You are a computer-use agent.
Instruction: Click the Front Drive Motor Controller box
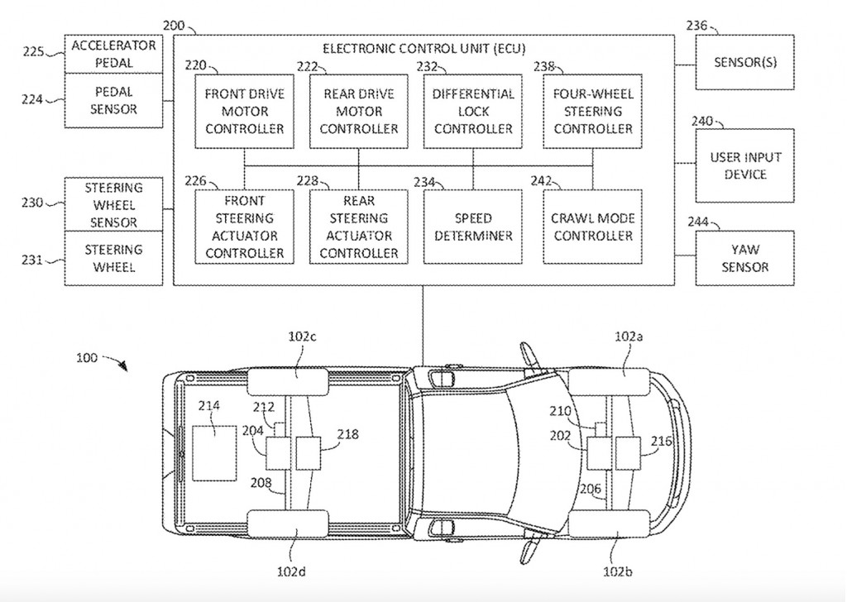(244, 111)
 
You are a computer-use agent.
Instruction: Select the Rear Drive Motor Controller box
(358, 111)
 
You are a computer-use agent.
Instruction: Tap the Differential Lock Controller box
(473, 111)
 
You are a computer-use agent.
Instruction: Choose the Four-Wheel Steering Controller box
(593, 111)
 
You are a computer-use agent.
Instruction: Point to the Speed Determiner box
(473, 227)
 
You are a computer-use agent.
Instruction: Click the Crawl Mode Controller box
(593, 227)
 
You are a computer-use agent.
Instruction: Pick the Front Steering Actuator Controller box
(244, 227)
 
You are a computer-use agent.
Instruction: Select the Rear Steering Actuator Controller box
(358, 227)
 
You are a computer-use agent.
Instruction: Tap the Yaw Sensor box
(744, 258)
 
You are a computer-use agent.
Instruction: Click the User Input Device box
(744, 165)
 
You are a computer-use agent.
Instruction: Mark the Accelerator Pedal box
(113, 54)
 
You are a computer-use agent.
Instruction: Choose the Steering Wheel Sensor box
(113, 205)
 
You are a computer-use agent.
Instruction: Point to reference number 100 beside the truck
(87, 358)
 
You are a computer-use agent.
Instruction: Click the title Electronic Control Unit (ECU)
(423, 49)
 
